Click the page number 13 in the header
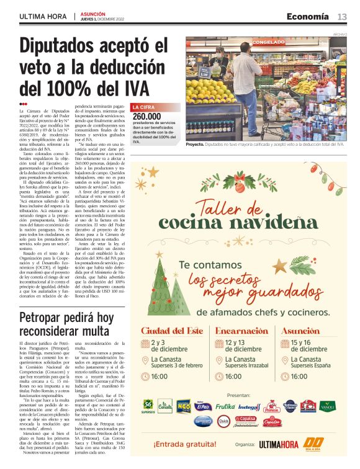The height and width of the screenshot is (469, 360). coord(342,16)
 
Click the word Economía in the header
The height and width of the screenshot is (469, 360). coord(308,16)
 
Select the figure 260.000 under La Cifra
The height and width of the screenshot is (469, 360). coord(146,117)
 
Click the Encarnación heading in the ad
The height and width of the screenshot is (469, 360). coord(244,331)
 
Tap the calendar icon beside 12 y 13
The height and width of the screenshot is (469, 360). coord(219,345)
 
